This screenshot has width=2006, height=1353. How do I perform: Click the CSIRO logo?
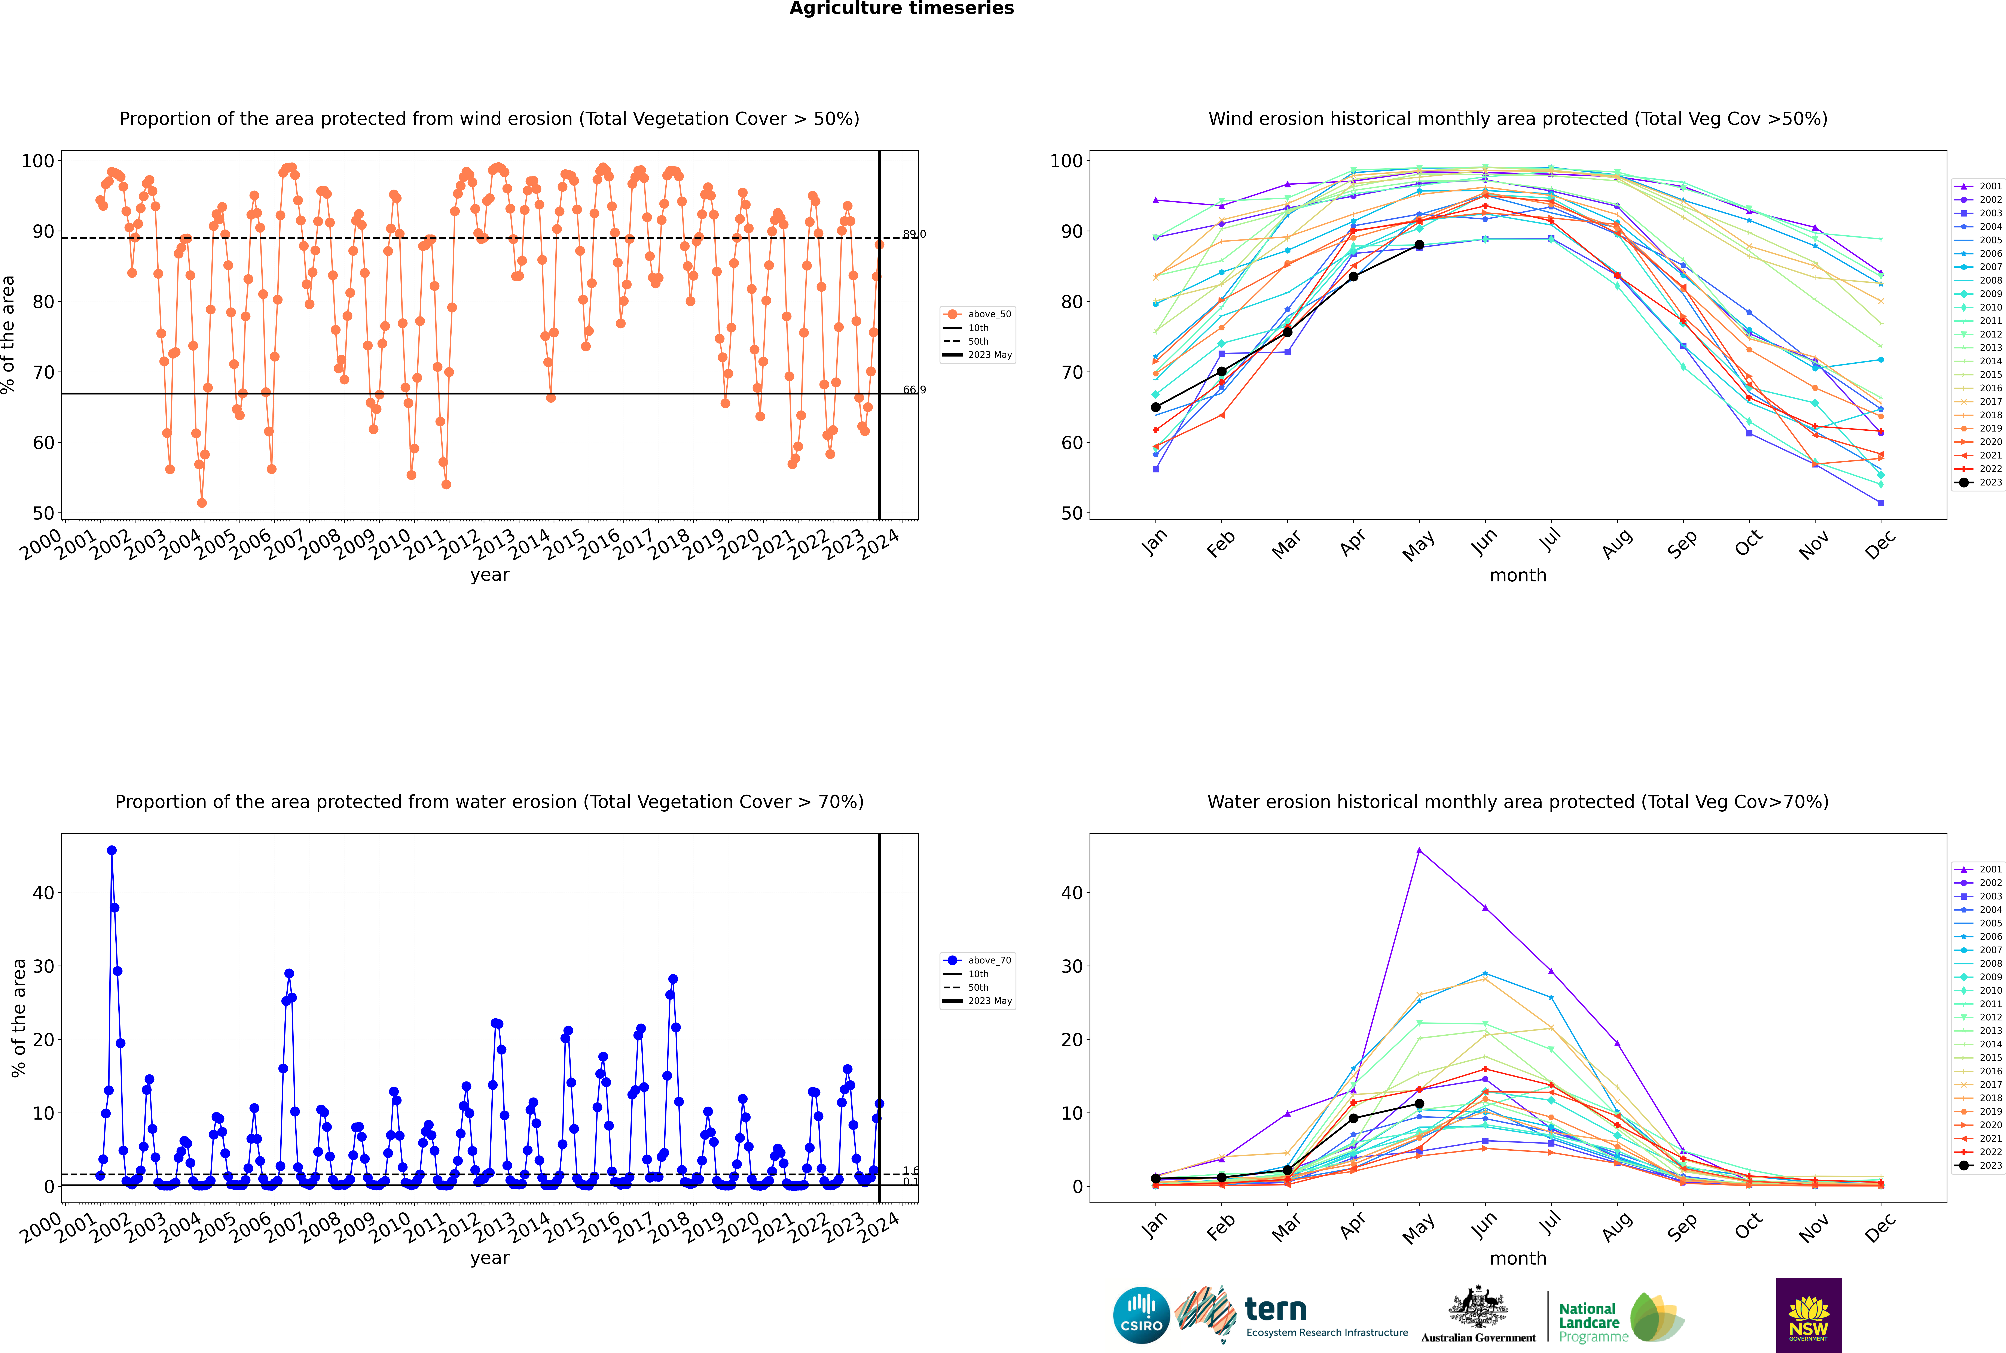(1141, 1315)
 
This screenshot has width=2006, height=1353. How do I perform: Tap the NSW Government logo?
(1808, 1314)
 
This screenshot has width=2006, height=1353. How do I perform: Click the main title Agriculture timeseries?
(901, 9)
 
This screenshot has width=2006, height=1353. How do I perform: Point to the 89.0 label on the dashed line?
(914, 234)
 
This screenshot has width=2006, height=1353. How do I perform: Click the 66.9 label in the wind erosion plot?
(914, 390)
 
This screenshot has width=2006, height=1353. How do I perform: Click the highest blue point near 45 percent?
(111, 851)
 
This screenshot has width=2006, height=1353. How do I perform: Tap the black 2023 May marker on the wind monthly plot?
(1419, 245)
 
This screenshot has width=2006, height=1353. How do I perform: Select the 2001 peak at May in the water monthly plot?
(1419, 851)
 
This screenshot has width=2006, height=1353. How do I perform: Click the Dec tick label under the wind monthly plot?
(1880, 544)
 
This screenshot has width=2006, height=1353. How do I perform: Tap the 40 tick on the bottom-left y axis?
(43, 893)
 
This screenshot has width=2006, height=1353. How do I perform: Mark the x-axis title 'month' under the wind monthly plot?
(1518, 576)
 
